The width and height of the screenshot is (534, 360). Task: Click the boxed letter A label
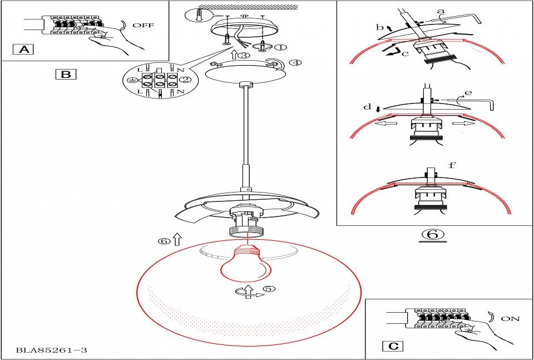(x=23, y=50)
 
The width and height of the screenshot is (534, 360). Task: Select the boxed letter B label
(x=66, y=74)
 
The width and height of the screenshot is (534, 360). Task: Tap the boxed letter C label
(x=393, y=346)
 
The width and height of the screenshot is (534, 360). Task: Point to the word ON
(x=510, y=319)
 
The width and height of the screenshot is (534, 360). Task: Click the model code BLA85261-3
(x=51, y=351)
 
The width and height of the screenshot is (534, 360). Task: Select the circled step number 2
(x=186, y=80)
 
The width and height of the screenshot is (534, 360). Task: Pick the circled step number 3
(x=243, y=55)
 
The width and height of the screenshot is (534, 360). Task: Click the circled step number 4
(x=295, y=62)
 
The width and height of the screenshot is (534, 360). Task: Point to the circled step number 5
(x=269, y=289)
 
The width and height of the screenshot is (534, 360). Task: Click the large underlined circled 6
(x=433, y=234)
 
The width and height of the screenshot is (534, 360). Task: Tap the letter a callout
(x=441, y=11)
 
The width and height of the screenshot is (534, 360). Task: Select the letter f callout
(x=452, y=165)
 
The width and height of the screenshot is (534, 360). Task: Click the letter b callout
(x=379, y=27)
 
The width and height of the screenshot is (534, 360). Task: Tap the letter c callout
(x=405, y=53)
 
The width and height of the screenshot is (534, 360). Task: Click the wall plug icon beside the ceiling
(x=200, y=14)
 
